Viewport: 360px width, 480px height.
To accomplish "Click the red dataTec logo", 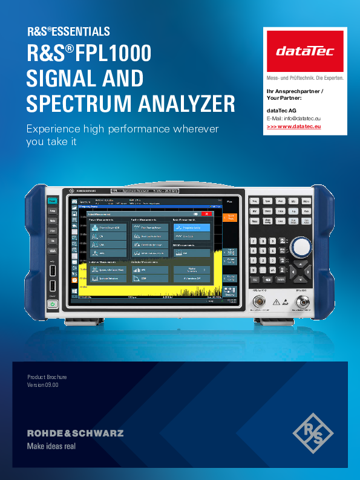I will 305,51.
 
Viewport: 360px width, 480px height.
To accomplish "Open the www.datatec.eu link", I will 293,127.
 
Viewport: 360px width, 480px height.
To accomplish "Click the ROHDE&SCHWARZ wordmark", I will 75,433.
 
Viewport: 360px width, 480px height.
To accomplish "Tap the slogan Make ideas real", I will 51,447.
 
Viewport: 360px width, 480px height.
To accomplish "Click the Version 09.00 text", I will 43,385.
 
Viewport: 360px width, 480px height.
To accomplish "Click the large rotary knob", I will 300,247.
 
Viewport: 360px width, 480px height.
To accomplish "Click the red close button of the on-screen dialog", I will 207,213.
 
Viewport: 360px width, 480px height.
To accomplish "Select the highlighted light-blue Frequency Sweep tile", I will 192,228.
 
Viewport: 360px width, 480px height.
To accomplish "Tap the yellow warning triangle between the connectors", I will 276,301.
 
